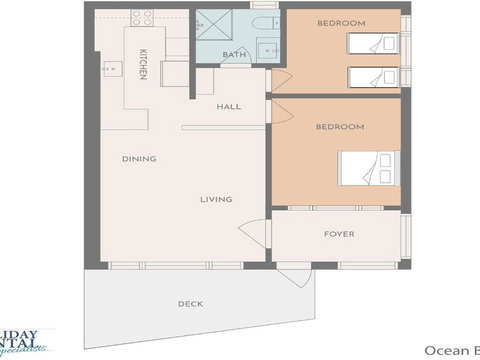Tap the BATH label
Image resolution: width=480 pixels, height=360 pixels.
click(234, 55)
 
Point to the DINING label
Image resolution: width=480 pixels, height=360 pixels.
click(138, 159)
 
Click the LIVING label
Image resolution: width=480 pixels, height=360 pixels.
click(216, 199)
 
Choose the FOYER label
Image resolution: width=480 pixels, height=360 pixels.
click(338, 234)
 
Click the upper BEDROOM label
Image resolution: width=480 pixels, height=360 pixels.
click(341, 23)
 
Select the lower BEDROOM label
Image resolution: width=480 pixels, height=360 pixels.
click(339, 127)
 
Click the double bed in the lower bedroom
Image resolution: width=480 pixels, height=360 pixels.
click(368, 168)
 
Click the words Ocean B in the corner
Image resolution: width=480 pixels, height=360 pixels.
click(451, 349)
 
